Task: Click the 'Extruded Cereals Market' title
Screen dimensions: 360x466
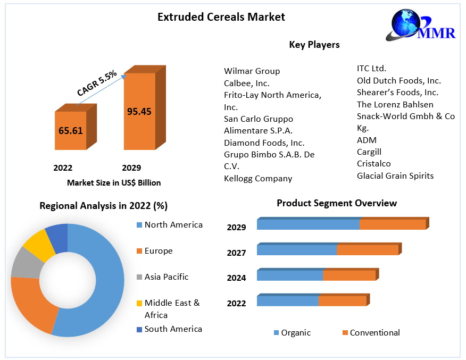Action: pos(221,17)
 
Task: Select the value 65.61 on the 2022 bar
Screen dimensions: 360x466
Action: pos(70,130)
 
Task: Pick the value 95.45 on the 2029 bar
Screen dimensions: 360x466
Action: pos(139,111)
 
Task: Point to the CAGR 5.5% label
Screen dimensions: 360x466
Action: pos(96,83)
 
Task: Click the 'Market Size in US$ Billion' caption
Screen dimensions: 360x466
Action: pos(114,182)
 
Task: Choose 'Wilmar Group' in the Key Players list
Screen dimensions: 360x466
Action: pos(252,71)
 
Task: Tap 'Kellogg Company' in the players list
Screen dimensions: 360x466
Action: pos(258,178)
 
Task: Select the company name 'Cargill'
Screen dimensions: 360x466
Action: pos(369,152)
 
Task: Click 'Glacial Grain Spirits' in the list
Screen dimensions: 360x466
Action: pos(395,175)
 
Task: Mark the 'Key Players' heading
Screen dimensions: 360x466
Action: pos(314,45)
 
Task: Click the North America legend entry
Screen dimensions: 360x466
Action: pos(173,224)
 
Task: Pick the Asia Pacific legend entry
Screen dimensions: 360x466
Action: pos(166,277)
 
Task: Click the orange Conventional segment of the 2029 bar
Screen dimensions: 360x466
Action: pos(392,224)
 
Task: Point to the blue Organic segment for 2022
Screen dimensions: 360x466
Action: pos(287,301)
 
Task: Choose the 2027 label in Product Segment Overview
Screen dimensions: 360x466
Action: pos(236,253)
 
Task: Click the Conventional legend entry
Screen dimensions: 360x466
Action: pos(375,332)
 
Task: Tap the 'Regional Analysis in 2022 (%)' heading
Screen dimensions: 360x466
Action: pos(103,206)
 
